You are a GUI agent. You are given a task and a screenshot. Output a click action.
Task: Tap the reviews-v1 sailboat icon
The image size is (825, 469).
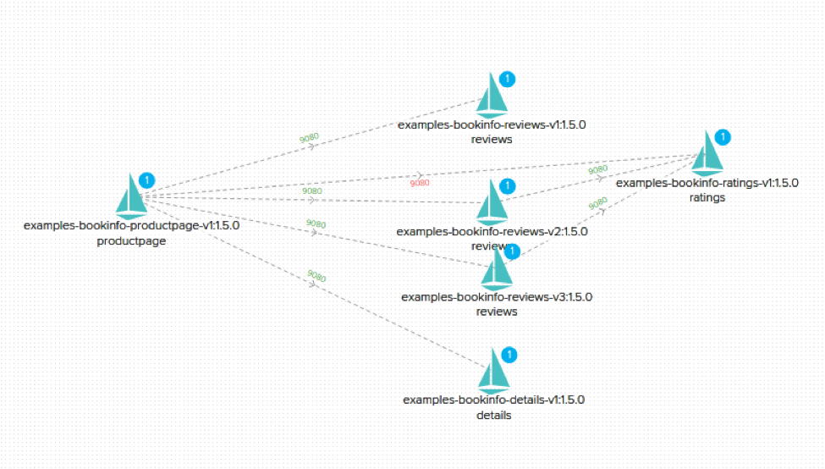tap(492, 96)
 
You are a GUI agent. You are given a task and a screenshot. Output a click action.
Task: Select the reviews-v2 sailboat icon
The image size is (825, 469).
tap(492, 202)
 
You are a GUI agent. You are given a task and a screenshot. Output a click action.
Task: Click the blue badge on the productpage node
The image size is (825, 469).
tap(146, 180)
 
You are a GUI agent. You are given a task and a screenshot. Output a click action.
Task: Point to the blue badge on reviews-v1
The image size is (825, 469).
tap(507, 80)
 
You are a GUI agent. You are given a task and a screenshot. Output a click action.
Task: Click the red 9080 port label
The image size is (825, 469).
tap(420, 183)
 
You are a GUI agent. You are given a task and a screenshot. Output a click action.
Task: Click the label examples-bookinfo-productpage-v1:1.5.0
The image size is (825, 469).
tap(131, 226)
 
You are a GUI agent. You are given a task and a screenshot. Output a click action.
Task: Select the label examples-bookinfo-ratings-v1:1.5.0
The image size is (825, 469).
tap(707, 183)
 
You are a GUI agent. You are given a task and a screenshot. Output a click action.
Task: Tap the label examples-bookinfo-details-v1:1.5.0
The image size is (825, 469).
tap(493, 400)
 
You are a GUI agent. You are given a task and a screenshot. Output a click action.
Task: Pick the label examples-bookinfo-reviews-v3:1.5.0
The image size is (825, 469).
tap(496, 297)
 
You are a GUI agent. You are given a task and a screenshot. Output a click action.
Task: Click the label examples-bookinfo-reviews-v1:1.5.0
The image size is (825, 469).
tap(492, 124)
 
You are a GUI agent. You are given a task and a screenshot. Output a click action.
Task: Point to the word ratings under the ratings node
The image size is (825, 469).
tap(707, 197)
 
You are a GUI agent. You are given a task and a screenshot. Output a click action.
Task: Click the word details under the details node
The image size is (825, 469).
tap(493, 415)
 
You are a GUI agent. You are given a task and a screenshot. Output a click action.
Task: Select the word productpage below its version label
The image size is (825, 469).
tap(131, 240)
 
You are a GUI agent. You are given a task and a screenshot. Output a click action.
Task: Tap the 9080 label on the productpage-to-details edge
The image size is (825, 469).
tap(316, 276)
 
